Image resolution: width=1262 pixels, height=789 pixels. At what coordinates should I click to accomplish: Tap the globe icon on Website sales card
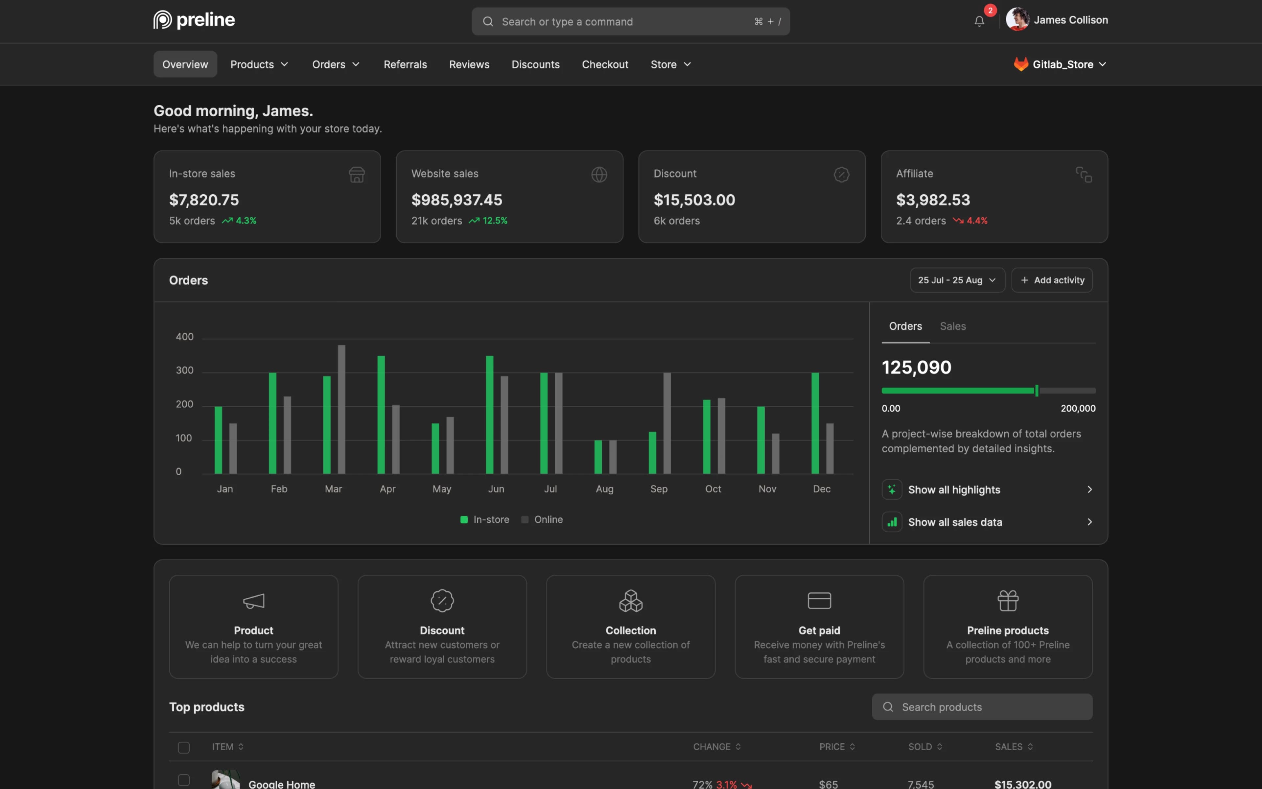(599, 174)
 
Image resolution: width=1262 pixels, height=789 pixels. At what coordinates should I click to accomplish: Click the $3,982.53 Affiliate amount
(933, 200)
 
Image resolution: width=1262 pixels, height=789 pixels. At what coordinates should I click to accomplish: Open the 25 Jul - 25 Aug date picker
(957, 280)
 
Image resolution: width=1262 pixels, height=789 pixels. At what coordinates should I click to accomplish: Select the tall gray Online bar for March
(341, 410)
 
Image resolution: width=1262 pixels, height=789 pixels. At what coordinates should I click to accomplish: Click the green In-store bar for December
(815, 423)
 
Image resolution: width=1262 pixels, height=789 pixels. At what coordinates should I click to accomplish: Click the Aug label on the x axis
(604, 489)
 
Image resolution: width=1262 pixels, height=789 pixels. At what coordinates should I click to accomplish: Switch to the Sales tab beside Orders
(952, 326)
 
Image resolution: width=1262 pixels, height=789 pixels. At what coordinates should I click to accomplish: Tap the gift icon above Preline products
(1008, 601)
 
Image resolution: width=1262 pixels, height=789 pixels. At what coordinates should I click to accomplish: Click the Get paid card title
(819, 630)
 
